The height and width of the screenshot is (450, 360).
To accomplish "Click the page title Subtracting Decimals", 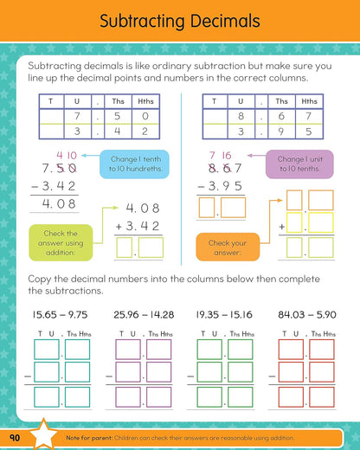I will pyautogui.click(x=180, y=22).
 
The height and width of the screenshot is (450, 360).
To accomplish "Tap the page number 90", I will pyautogui.click(x=17, y=435).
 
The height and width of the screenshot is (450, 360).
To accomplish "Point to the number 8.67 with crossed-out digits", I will pyautogui.click(x=221, y=167).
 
